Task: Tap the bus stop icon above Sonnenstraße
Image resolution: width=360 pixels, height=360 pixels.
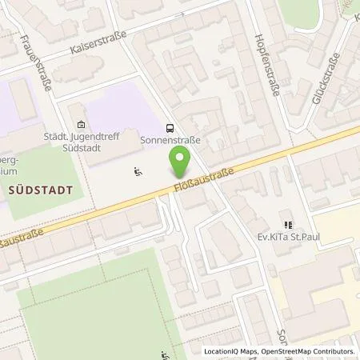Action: coord(170,127)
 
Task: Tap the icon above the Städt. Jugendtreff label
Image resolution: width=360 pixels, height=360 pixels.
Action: coord(80,124)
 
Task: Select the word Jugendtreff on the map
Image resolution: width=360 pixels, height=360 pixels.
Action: coord(97,136)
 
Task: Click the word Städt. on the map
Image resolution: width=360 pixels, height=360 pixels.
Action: coord(58,136)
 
